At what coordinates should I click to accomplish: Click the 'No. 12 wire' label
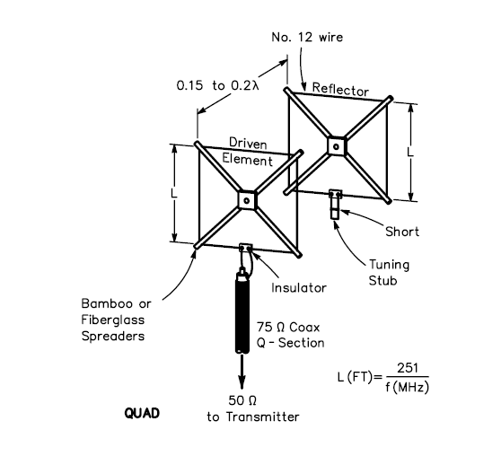point(307,37)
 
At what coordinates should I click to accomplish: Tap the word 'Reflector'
point(340,89)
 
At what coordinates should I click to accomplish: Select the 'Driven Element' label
point(248,152)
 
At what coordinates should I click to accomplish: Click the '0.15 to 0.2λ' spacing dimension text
point(218,85)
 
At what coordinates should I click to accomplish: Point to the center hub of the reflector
point(337,146)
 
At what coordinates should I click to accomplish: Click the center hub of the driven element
point(247,201)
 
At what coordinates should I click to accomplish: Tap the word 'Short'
point(402,232)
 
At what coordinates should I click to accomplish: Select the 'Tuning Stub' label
point(389,273)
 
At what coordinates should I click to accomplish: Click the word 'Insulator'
point(299,288)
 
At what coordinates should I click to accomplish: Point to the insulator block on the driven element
point(246,247)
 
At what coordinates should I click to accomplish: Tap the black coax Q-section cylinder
point(242,311)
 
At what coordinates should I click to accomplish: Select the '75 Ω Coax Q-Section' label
point(290,335)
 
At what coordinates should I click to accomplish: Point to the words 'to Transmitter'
point(253,417)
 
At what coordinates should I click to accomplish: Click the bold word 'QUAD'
point(142,413)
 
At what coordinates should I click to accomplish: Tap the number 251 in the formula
point(408,368)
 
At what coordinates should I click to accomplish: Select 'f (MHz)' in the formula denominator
point(407,387)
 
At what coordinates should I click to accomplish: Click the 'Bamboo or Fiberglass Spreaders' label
point(116,320)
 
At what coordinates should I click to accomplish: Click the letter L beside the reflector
point(410,152)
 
